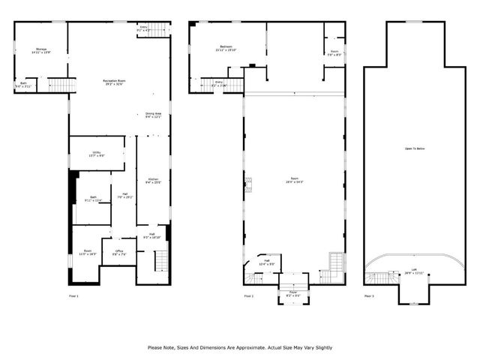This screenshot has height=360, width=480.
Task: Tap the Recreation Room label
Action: (x=114, y=81)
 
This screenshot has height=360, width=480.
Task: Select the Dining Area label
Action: (x=154, y=115)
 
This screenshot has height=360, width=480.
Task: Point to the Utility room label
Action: (x=96, y=152)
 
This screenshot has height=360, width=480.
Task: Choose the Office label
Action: (x=118, y=252)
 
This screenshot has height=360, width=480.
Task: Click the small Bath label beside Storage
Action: (x=23, y=84)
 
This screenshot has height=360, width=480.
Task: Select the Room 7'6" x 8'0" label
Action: (x=334, y=52)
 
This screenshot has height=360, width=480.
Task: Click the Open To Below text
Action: (x=415, y=148)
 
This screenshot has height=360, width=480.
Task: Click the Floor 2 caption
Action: (x=247, y=295)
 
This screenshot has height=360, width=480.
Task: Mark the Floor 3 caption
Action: (x=369, y=295)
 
